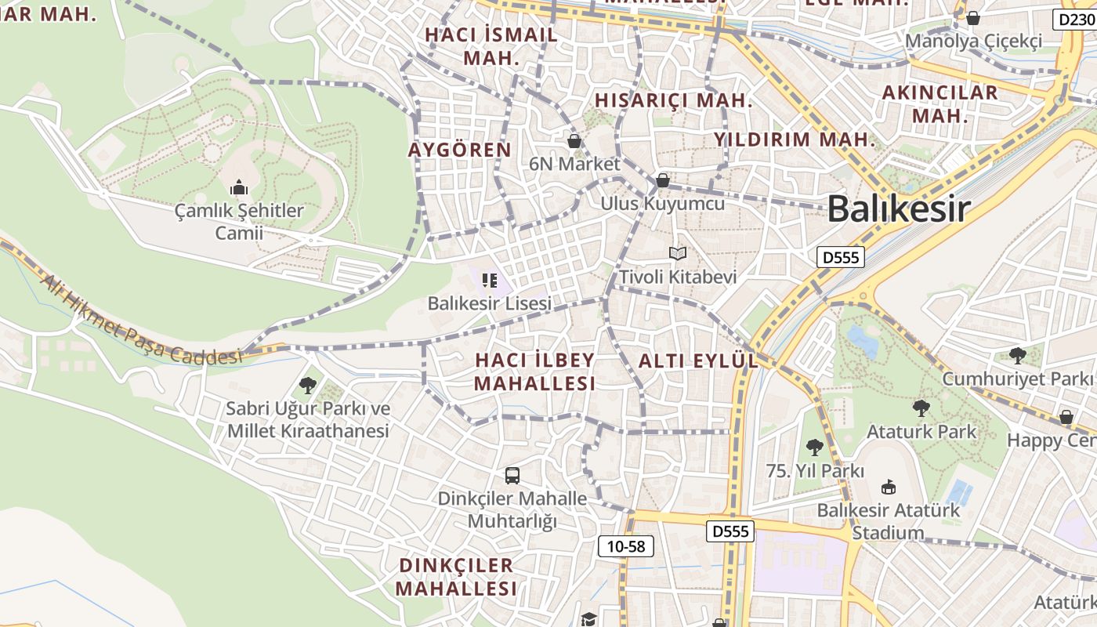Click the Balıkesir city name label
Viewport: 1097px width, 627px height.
[899, 208]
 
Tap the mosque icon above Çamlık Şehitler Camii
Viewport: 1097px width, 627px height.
[239, 187]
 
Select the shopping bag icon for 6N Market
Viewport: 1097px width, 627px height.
[574, 141]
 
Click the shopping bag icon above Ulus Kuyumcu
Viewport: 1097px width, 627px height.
[663, 180]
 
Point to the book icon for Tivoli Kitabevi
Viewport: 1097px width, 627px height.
[678, 253]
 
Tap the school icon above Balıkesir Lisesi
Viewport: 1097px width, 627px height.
[490, 280]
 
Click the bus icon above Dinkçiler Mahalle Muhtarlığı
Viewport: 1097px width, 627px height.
[512, 475]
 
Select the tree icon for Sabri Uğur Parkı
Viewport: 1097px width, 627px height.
[308, 385]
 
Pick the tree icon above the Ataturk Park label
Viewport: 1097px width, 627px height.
[921, 408]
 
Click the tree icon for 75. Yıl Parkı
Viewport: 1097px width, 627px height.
[815, 448]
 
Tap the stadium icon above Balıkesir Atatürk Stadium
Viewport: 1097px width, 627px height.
[889, 487]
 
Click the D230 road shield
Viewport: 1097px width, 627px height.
[1073, 20]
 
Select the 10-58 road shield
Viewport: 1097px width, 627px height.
[625, 546]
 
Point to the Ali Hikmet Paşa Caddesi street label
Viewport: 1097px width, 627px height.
[141, 321]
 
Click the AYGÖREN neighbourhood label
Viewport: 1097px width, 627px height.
[460, 150]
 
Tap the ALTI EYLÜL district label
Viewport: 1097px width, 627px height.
[698, 361]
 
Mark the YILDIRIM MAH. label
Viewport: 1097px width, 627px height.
[794, 140]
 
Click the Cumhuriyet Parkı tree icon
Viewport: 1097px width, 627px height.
[1018, 356]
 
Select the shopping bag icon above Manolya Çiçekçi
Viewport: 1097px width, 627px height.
[973, 17]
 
